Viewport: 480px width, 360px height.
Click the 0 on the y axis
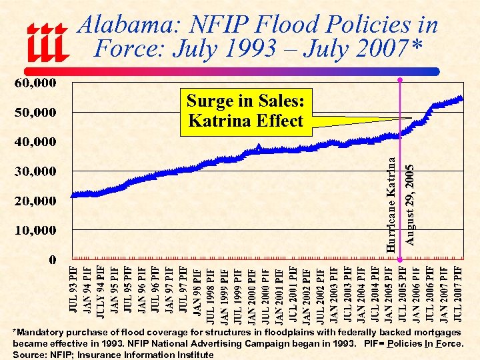coord(51,259)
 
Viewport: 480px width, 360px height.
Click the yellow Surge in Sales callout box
coord(246,111)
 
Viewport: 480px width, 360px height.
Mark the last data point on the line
coord(460,99)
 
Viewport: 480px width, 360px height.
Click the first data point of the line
coord(73,195)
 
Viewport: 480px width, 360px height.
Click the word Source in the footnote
coord(29,355)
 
